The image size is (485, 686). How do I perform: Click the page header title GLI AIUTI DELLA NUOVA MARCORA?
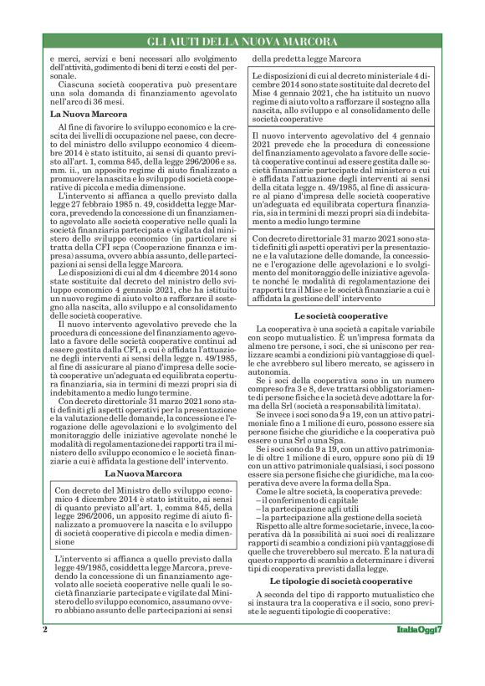(242, 41)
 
